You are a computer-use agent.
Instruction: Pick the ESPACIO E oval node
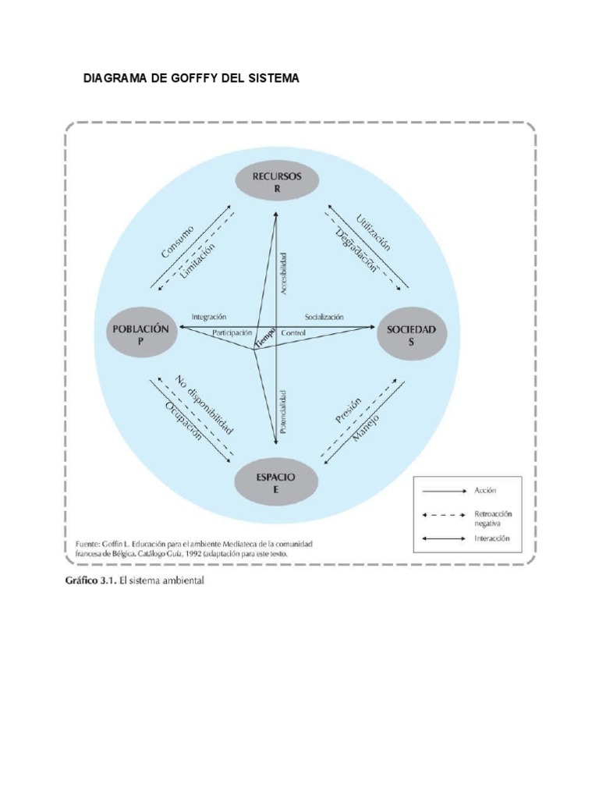point(275,481)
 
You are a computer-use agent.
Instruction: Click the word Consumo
point(177,242)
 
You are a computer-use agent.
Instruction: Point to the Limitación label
point(197,260)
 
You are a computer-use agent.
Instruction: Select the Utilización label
point(372,233)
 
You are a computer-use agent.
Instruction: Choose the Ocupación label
point(183,421)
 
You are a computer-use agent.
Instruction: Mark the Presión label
point(348,410)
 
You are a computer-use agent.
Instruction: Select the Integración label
point(208,317)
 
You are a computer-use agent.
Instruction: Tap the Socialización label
point(324,317)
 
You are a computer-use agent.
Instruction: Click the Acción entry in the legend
point(485,490)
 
